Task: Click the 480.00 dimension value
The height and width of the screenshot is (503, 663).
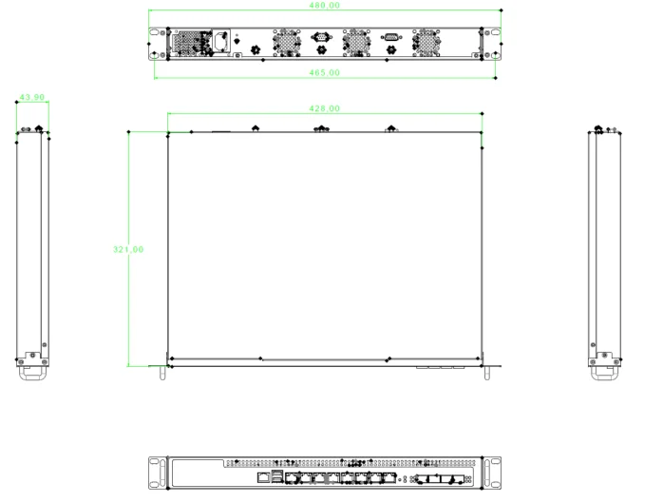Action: tap(325, 6)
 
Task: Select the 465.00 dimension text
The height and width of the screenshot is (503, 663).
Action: tap(325, 72)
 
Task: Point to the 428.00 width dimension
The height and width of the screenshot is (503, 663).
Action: tap(325, 110)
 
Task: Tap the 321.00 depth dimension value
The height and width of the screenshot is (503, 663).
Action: tap(128, 249)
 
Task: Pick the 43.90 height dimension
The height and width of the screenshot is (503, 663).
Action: tap(32, 97)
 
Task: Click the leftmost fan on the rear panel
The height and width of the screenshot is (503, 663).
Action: tap(285, 41)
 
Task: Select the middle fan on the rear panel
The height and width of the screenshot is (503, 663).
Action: tap(354, 41)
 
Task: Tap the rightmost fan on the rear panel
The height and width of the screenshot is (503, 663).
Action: tap(426, 41)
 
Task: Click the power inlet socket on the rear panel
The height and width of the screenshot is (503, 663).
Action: tap(221, 41)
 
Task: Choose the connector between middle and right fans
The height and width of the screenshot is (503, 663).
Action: tap(390, 38)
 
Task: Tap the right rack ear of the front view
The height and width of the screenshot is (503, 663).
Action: tap(491, 472)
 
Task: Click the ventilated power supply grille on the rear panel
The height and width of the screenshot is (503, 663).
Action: tap(189, 42)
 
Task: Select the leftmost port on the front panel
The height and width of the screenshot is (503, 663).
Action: tap(262, 476)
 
